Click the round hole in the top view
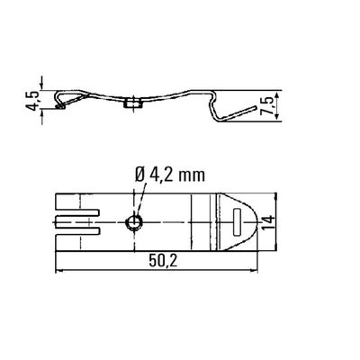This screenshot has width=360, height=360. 132,220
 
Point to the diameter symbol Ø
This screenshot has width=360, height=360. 141,175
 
